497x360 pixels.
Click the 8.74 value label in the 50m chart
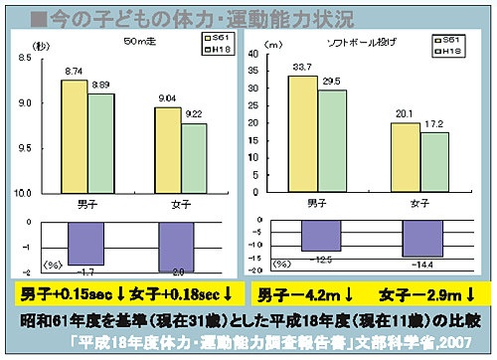point(74,72)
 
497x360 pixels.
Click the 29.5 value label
point(332,82)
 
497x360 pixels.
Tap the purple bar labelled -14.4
point(421,240)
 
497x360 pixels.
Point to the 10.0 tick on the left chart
point(25,193)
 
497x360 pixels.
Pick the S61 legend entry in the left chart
point(216,38)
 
